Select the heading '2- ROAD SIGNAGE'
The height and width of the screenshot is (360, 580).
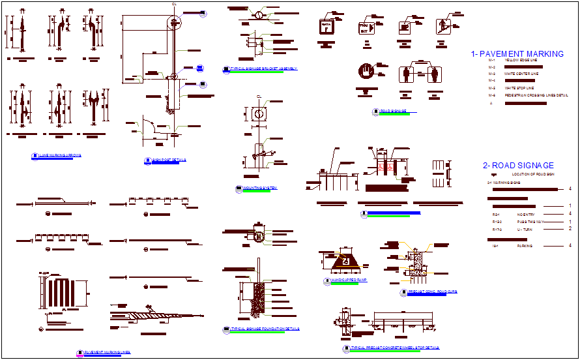tap(518, 166)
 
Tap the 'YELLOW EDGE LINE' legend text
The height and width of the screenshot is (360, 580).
tap(520, 60)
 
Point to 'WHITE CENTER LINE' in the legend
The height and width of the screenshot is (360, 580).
tap(521, 74)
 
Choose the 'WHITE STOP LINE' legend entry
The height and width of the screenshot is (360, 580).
tap(519, 87)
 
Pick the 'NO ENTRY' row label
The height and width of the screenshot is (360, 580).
tap(526, 214)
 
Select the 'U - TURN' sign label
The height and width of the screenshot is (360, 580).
tap(525, 230)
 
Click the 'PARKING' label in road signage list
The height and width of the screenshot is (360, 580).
tap(525, 246)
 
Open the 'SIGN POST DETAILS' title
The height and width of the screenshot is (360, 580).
tap(169, 159)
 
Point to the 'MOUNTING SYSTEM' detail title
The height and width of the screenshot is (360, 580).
tap(259, 188)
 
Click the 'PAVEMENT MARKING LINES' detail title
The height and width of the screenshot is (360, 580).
tap(107, 352)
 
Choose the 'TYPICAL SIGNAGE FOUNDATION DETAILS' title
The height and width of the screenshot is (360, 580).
tap(265, 329)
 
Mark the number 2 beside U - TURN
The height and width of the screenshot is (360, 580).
tap(570, 229)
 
